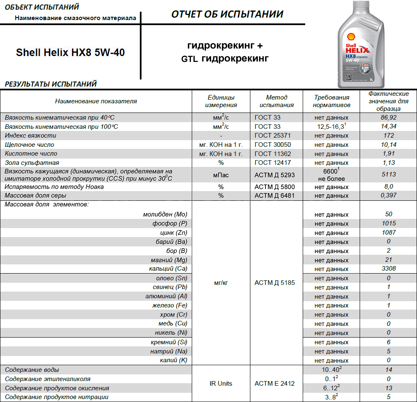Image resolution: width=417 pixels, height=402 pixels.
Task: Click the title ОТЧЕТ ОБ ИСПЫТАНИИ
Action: [227, 14]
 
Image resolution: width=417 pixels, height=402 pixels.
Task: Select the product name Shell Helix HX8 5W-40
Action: [70, 53]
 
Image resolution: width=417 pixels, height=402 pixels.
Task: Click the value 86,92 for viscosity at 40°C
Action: [388, 118]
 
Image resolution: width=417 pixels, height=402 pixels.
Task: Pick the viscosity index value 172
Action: [389, 136]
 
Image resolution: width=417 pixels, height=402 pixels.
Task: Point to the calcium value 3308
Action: [389, 269]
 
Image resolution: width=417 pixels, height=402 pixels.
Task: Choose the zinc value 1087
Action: [389, 233]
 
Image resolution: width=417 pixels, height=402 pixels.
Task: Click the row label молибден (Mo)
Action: [165, 214]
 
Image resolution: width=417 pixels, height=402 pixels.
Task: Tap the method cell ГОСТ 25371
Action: [273, 136]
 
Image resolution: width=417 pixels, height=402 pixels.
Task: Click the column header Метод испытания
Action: [276, 101]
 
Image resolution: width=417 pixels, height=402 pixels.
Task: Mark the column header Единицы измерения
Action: [221, 101]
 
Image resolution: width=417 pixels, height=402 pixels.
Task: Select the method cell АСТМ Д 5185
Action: [275, 283]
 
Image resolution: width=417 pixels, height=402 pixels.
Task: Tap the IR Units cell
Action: [221, 383]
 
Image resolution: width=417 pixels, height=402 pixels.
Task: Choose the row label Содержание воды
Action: [32, 370]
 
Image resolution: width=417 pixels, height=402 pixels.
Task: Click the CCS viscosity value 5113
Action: [389, 174]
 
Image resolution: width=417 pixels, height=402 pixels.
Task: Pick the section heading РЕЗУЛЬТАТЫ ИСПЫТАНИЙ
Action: [51, 84]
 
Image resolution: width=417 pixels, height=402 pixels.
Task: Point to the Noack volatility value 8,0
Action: [389, 187]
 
